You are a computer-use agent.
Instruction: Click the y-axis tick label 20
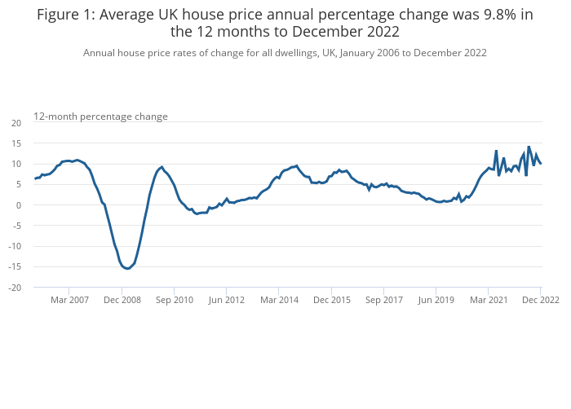(x=16, y=122)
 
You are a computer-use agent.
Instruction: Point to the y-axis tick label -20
(x=15, y=288)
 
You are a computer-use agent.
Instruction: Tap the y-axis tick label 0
(x=19, y=205)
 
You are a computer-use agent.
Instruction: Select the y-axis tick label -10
(x=15, y=246)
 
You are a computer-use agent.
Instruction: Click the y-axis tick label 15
(x=16, y=143)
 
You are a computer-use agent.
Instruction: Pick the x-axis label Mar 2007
(x=69, y=300)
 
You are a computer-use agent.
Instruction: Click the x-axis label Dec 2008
(x=122, y=300)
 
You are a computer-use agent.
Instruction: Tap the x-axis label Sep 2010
(x=174, y=300)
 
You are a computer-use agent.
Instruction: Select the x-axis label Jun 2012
(x=226, y=300)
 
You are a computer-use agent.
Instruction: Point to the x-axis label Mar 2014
(x=279, y=300)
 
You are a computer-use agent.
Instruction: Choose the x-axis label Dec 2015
(x=331, y=300)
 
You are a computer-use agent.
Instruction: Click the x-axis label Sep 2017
(x=383, y=300)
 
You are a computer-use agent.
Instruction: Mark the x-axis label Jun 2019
(x=436, y=300)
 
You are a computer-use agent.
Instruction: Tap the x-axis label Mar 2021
(x=488, y=300)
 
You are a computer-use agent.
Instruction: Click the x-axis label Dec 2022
(x=540, y=300)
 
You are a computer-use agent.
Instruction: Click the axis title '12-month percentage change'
(x=100, y=117)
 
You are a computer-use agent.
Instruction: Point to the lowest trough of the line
(x=127, y=268)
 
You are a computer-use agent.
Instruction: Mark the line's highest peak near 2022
(x=529, y=147)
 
